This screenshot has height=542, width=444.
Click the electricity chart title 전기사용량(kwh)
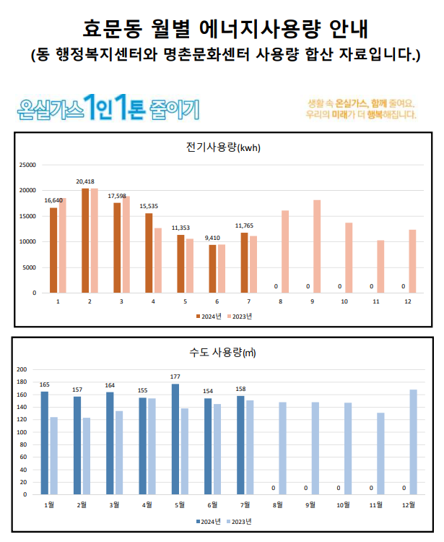tap(222, 148)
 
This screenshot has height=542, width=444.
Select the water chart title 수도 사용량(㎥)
tap(222, 353)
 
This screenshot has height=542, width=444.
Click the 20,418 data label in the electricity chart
tap(85, 181)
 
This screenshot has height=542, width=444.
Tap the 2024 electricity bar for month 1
tap(53, 249)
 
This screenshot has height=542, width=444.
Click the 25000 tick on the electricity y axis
tap(27, 165)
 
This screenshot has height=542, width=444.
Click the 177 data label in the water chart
tap(174, 377)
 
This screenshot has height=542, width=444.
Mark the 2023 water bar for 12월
tap(414, 442)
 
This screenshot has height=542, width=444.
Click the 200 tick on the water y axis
tap(22, 369)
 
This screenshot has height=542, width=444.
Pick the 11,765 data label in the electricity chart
tap(244, 225)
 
